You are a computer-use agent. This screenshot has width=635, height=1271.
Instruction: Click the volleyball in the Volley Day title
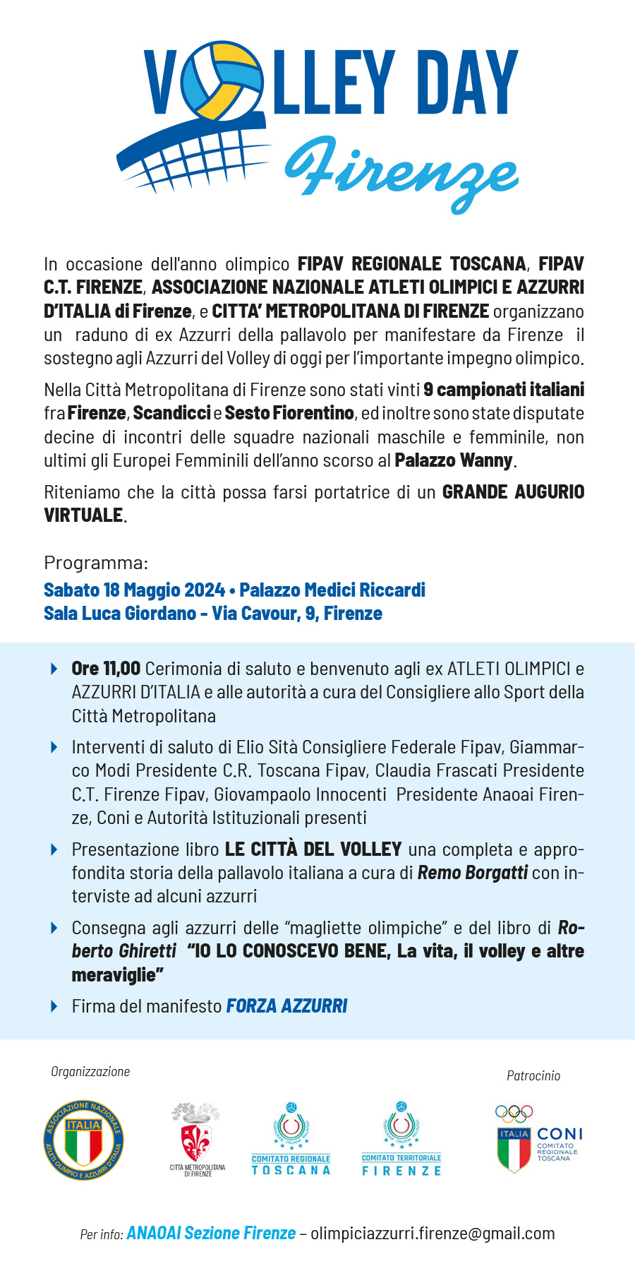(x=220, y=81)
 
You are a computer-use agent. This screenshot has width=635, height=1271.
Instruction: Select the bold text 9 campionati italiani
(x=504, y=390)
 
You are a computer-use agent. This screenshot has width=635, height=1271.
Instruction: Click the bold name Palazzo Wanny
(x=454, y=460)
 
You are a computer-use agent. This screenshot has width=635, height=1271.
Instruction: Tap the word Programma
(x=96, y=563)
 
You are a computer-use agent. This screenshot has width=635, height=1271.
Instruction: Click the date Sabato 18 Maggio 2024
(x=134, y=590)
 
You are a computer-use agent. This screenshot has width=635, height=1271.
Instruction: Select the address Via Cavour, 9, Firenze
(x=297, y=613)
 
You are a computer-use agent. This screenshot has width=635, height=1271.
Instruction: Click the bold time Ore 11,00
(x=106, y=668)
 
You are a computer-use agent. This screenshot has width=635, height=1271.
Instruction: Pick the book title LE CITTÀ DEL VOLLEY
(x=313, y=849)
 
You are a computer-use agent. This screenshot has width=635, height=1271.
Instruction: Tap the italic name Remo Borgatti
(x=473, y=873)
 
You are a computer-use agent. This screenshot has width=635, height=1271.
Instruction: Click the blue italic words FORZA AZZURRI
(x=287, y=1006)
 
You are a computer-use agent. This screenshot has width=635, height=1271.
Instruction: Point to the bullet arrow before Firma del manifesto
(x=54, y=1006)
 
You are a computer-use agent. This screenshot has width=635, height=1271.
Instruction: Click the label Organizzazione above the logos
(x=90, y=1071)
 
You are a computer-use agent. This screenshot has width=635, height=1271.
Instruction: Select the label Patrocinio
(x=533, y=1075)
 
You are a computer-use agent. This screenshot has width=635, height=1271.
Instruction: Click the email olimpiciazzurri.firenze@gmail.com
(x=433, y=1233)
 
